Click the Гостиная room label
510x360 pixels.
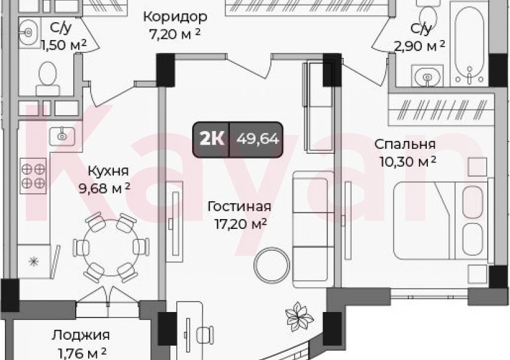pyautogui.click(x=240, y=207)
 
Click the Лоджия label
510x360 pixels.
pyautogui.click(x=81, y=335)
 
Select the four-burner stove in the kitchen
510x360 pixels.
pyautogui.click(x=33, y=175)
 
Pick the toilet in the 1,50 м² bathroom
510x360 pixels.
pyautogui.click(x=47, y=77)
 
